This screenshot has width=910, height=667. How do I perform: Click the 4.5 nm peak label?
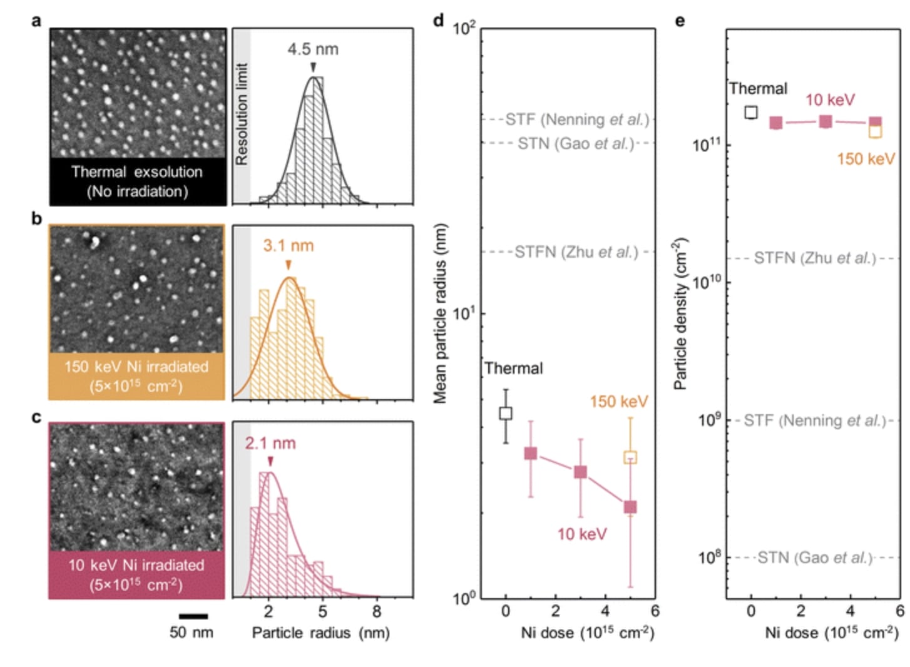312,49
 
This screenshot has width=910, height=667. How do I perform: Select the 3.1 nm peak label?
288,245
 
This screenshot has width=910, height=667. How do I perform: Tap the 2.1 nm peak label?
270,444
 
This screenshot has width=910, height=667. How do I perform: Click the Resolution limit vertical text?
242,114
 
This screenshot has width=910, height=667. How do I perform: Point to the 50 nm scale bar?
193,616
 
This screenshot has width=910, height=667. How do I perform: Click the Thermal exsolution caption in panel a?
137,181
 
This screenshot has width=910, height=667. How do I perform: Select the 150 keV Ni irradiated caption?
136,376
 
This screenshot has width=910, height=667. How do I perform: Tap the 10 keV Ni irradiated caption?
136,574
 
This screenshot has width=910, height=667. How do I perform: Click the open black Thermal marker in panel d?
506,413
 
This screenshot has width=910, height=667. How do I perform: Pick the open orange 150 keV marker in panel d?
630,457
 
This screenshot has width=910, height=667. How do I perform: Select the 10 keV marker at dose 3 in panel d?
580,472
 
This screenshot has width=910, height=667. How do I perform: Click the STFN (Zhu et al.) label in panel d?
576,252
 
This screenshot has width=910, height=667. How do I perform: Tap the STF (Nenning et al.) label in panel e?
815,420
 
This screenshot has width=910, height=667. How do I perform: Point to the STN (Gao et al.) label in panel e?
815,558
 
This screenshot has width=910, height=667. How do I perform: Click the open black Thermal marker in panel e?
751,112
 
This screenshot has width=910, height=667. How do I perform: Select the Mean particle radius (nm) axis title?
440,313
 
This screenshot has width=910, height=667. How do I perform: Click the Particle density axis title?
680,313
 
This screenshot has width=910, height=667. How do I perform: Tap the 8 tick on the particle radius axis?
377,611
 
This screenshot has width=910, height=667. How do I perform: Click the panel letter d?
438,21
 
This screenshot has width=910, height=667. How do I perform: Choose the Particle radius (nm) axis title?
320,633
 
